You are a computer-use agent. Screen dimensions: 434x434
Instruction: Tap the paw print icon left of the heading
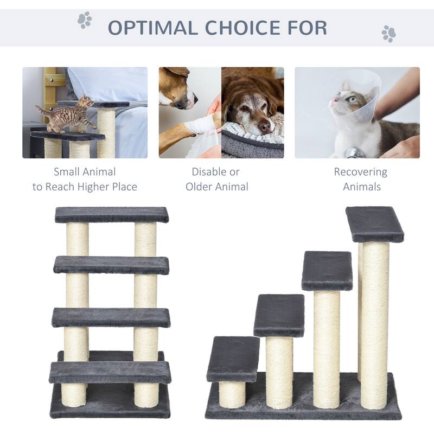click(x=84, y=21)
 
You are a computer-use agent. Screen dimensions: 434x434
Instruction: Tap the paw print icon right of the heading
click(x=388, y=34)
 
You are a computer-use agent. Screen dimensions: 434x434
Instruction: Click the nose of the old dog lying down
click(x=264, y=127)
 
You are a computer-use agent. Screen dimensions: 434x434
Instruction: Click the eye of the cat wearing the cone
click(x=353, y=99)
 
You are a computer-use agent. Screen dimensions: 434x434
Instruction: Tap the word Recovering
click(x=360, y=172)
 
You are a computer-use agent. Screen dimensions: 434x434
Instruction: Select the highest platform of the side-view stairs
click(x=375, y=224)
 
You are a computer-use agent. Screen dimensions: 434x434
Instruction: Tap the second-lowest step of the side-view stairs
click(x=279, y=315)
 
